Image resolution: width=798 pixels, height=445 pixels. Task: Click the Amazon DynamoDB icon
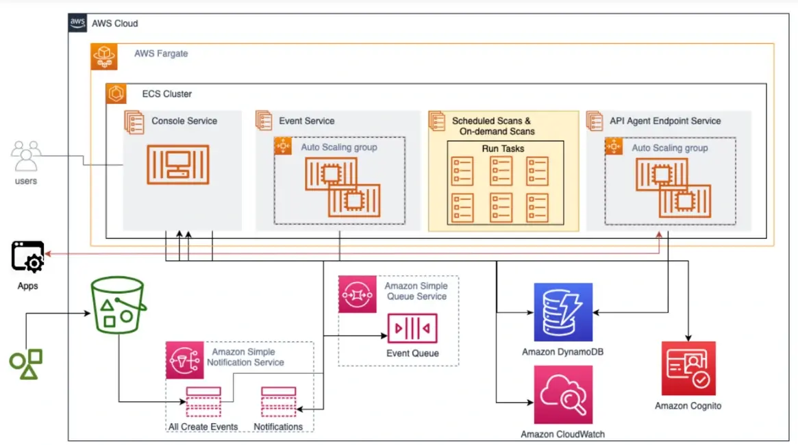pyautogui.click(x=563, y=311)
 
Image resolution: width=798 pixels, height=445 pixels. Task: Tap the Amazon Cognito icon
pyautogui.click(x=688, y=368)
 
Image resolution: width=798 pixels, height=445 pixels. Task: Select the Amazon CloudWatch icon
pyautogui.click(x=563, y=394)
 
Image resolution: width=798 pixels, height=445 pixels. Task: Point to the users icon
pyautogui.click(x=26, y=157)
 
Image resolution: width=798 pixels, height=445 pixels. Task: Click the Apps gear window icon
pyautogui.click(x=28, y=257)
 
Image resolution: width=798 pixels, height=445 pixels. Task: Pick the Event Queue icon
pyautogui.click(x=412, y=329)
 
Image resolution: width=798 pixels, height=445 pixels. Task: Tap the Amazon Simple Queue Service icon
pyautogui.click(x=358, y=295)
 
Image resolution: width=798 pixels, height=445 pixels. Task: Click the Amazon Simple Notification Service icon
pyautogui.click(x=185, y=360)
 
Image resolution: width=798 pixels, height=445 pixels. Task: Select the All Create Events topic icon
pyautogui.click(x=203, y=403)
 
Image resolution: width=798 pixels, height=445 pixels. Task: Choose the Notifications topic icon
pyautogui.click(x=277, y=403)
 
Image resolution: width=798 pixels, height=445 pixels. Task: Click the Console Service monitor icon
pyautogui.click(x=178, y=164)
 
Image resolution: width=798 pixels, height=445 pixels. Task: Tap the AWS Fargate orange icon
pyautogui.click(x=104, y=56)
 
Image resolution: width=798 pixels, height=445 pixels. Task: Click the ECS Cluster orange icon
pyautogui.click(x=116, y=94)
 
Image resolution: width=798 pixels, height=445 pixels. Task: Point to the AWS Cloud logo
pyautogui.click(x=77, y=23)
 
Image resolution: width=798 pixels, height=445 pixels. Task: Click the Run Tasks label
pyautogui.click(x=503, y=148)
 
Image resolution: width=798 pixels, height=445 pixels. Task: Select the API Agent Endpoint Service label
pyautogui.click(x=665, y=121)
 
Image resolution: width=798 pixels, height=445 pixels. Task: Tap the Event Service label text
pyautogui.click(x=306, y=121)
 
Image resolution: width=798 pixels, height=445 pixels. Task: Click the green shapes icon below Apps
pyautogui.click(x=26, y=364)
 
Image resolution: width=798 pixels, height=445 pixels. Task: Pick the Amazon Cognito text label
pyautogui.click(x=688, y=406)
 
